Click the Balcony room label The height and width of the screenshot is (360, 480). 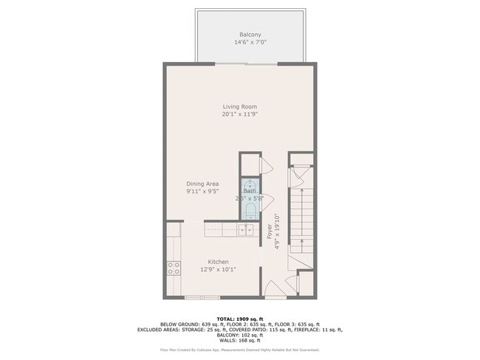coord(250,35)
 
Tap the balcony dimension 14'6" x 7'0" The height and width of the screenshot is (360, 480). coord(250,43)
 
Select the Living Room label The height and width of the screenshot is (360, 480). coord(239,107)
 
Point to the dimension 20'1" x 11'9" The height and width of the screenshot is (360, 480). coord(239,114)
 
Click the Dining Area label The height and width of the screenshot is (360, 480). coord(202,184)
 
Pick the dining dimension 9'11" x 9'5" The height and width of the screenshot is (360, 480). coord(202,191)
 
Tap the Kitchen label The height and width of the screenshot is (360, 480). coord(218,262)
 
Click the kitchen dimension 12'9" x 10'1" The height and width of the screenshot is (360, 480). coord(218,269)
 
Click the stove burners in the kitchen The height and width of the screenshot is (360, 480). coord(174,269)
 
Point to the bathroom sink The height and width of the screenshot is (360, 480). coord(250,184)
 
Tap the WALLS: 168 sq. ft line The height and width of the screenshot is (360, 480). coord(240,340)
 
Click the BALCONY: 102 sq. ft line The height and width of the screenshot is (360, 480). coord(240,335)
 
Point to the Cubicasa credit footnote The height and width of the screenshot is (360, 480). coord(240,350)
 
